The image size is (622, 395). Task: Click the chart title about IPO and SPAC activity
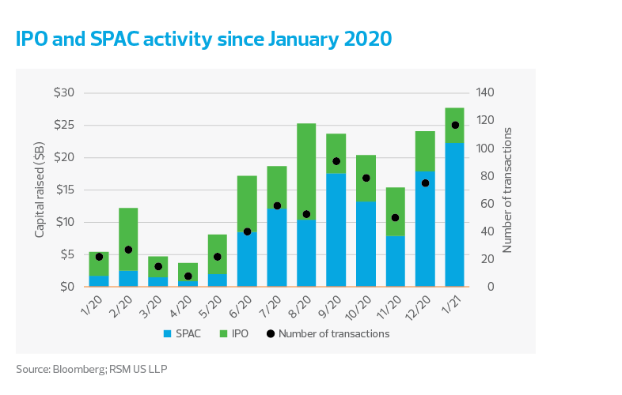tap(203, 39)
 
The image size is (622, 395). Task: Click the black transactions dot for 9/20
tap(336, 161)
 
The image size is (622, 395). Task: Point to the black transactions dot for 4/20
tap(188, 276)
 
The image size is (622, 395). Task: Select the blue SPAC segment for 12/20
tap(425, 229)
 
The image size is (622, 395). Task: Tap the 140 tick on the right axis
tap(486, 92)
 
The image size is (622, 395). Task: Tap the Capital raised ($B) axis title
tap(39, 190)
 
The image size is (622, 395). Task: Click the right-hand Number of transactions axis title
tap(508, 190)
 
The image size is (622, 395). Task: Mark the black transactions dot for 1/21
tap(455, 125)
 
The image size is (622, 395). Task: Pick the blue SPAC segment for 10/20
tap(366, 244)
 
